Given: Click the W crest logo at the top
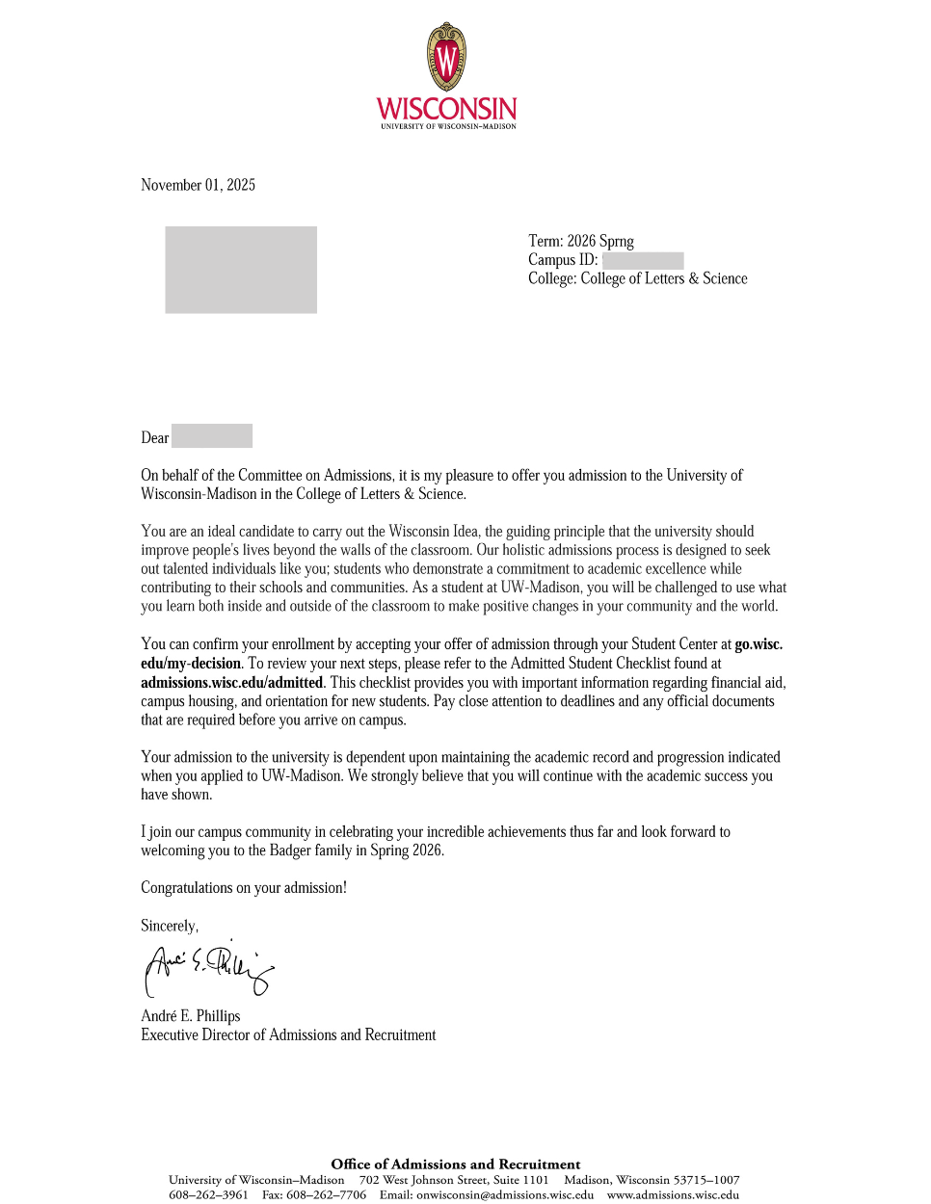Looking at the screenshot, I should (446, 57).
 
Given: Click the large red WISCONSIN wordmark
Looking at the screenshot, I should (446, 108).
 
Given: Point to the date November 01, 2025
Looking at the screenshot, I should (198, 185).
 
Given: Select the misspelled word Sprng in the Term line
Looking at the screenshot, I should (617, 241).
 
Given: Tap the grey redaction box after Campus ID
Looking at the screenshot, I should (643, 260).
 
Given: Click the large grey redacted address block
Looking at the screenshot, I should (241, 270).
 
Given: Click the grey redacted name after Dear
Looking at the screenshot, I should (212, 436).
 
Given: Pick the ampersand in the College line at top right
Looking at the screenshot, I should (693, 278).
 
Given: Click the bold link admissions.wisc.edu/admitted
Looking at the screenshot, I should (231, 682).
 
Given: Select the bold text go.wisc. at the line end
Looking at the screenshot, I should (758, 644).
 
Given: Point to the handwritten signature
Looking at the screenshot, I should (208, 968).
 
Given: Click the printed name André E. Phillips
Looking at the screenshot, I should (191, 1015).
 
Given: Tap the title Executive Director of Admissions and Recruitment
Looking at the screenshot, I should (288, 1034).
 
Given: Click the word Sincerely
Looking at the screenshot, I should (169, 926).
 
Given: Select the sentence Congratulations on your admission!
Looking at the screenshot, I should (244, 887).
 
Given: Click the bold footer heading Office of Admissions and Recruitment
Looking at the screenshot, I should (456, 1164).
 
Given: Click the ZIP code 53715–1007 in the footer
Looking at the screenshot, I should (706, 1179).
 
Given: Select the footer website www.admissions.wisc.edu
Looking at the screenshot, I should (673, 1194).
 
